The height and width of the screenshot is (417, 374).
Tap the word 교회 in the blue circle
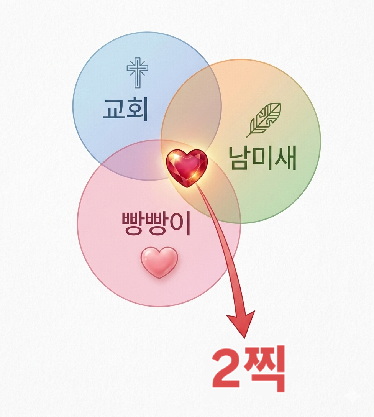coord(125,109)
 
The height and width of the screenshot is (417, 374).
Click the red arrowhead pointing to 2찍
coord(241,323)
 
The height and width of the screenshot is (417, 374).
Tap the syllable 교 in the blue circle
coord(113,109)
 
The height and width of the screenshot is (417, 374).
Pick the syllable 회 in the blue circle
coord(137,109)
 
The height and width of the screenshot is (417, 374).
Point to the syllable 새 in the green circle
coord(286,159)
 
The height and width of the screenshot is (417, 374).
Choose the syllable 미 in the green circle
coord(262,159)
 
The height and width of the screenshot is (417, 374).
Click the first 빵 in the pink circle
coord(133,224)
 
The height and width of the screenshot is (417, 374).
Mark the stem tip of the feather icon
coord(246,138)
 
